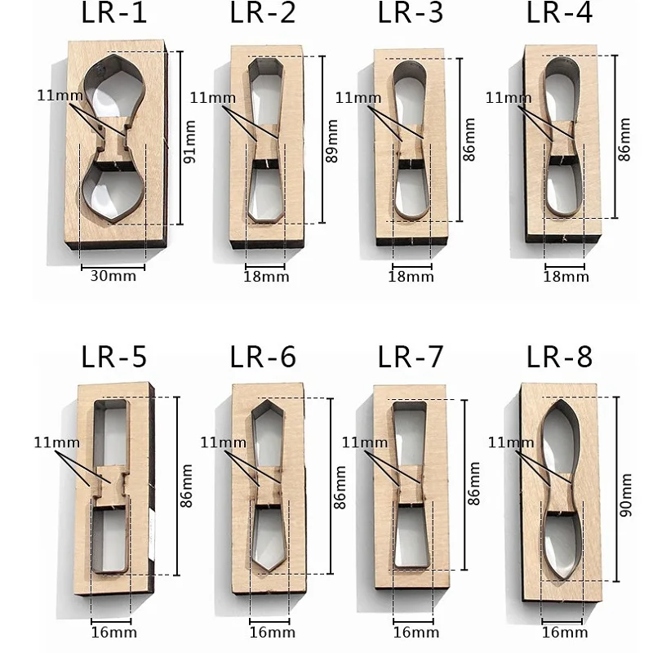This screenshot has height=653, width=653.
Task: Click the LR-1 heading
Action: [114, 13]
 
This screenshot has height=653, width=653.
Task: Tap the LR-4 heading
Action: [559, 13]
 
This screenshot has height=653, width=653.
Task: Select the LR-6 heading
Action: [263, 357]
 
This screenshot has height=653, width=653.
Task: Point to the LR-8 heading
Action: [559, 357]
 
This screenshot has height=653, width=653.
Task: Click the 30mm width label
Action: [113, 276]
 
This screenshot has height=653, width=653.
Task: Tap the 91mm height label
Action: [189, 141]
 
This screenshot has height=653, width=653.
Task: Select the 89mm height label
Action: [332, 140]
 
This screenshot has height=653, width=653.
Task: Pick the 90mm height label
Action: [625, 495]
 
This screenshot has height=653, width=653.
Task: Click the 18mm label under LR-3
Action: [411, 277]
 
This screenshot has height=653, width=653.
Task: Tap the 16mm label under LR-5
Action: [114, 632]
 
